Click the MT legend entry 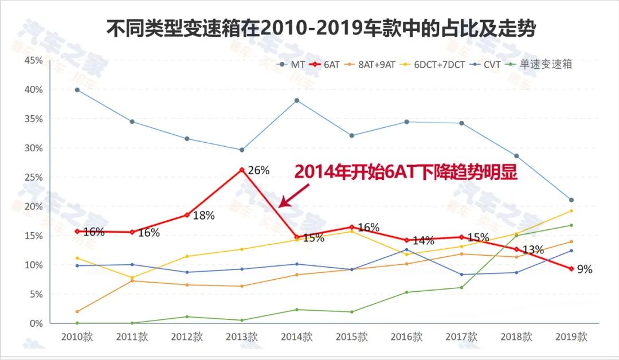(291, 65)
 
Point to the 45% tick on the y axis (32, 61)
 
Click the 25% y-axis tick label (32, 178)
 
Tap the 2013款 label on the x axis (241, 337)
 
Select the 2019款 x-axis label (571, 337)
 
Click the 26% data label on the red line (258, 170)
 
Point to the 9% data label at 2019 (585, 269)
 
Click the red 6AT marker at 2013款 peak (242, 170)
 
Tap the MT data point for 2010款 (77, 90)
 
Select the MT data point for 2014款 (297, 100)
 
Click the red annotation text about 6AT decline (406, 173)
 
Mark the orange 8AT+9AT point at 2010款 (77, 312)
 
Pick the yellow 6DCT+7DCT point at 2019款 (571, 211)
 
